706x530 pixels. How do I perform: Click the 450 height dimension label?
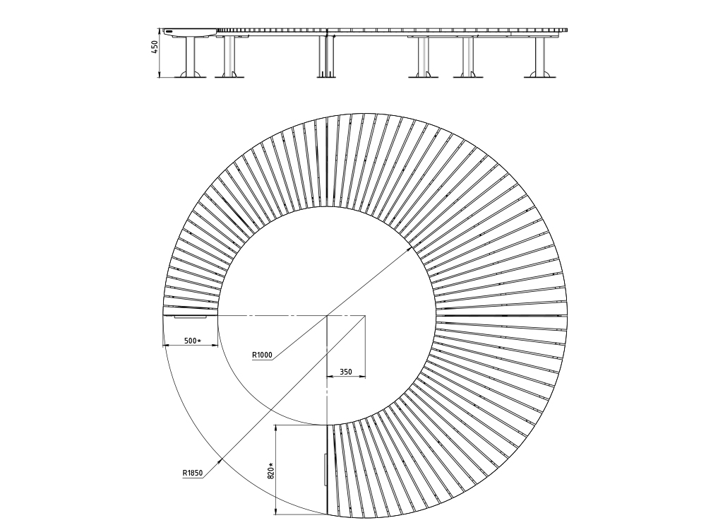pyautogui.click(x=155, y=47)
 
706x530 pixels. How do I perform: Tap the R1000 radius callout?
pyautogui.click(x=262, y=355)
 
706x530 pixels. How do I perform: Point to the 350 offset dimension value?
pyautogui.click(x=346, y=372)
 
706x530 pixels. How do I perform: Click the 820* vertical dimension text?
pyautogui.click(x=270, y=471)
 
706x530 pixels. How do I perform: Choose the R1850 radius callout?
pyautogui.click(x=193, y=473)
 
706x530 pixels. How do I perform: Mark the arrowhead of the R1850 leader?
pyautogui.click(x=220, y=461)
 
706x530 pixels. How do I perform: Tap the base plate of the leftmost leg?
pyautogui.click(x=190, y=76)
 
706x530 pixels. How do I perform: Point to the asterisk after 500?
pyautogui.click(x=199, y=341)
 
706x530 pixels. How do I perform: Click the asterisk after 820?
pyautogui.click(x=270, y=464)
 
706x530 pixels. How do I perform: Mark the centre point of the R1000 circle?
pyautogui.click(x=327, y=316)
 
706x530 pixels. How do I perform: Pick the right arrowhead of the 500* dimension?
pyautogui.click(x=215, y=346)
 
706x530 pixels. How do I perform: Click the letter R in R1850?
pyautogui.click(x=184, y=473)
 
